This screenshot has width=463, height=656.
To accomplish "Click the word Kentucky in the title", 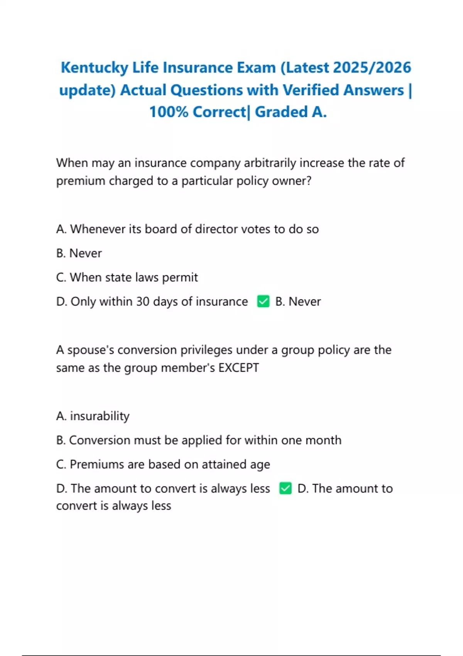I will (x=94, y=68).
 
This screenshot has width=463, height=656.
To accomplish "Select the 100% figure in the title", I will (x=169, y=112).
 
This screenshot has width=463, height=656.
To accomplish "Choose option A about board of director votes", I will (x=188, y=229).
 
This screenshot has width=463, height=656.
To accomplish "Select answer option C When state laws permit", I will (x=127, y=277).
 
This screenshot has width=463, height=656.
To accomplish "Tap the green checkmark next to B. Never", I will (x=263, y=301).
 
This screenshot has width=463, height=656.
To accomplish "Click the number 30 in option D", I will (x=143, y=301).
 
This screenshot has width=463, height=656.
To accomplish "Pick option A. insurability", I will (x=93, y=416).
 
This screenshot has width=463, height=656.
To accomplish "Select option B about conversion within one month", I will (x=199, y=440).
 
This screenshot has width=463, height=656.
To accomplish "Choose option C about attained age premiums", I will (x=163, y=465).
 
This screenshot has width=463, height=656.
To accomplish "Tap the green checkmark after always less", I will (x=285, y=489).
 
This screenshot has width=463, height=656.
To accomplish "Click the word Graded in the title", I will (x=281, y=112).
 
